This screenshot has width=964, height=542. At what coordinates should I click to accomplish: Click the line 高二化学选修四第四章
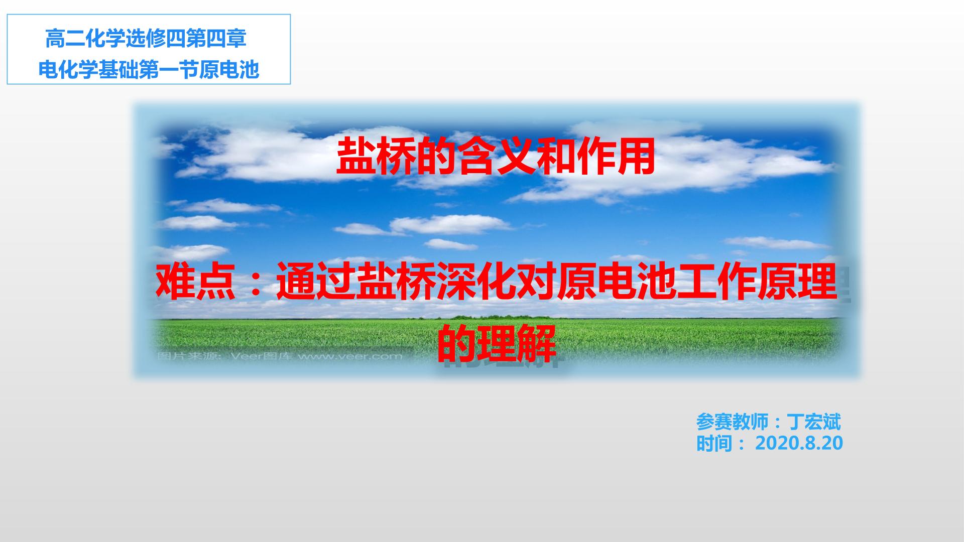[x=146, y=39]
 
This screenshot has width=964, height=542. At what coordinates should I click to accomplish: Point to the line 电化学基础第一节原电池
[x=149, y=70]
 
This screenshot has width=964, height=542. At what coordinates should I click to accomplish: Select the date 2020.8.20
[x=799, y=443]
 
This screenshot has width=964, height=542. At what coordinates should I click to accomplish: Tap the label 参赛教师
[x=732, y=422]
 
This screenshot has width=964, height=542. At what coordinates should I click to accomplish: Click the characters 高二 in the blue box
[x=65, y=39]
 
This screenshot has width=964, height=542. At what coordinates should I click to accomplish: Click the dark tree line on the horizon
[x=497, y=317]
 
